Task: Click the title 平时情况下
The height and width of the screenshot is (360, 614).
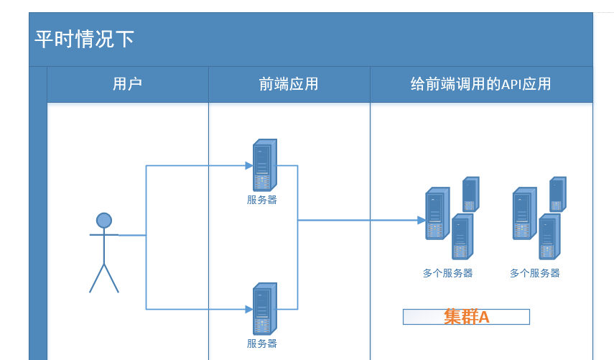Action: (x=85, y=39)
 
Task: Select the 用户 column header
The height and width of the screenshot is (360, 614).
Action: (x=127, y=84)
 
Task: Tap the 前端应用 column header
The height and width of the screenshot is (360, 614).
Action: (x=288, y=84)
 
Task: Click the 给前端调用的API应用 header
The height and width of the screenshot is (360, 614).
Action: (x=480, y=84)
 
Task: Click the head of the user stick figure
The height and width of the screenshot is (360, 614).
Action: (x=104, y=220)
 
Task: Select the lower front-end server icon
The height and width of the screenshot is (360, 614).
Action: (x=264, y=308)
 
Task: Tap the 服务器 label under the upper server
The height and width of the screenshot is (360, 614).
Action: (x=262, y=200)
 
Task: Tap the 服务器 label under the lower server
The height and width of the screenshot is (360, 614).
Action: (x=262, y=343)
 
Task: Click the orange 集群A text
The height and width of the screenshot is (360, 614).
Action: (x=466, y=317)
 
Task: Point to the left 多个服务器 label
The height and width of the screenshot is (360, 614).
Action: (x=447, y=273)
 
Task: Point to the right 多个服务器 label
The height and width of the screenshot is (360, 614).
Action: (x=534, y=273)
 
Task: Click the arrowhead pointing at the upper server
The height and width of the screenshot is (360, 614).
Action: (x=249, y=166)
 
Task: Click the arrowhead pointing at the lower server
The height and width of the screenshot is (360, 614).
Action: (x=249, y=309)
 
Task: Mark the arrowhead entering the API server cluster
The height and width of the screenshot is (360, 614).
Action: (x=422, y=220)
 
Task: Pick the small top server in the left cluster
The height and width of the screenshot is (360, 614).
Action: (x=470, y=193)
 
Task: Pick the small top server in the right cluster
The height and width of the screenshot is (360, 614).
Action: (x=557, y=194)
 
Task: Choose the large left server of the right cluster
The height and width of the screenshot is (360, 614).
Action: (x=524, y=213)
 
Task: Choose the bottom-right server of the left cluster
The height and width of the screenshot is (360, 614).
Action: (x=460, y=236)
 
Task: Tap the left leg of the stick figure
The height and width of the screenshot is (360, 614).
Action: (x=97, y=279)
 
